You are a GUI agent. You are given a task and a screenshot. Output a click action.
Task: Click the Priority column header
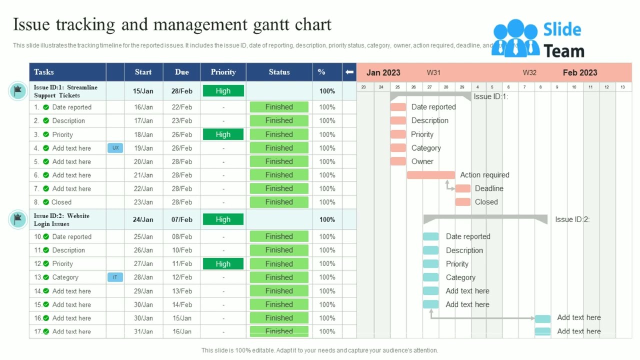point(223,72)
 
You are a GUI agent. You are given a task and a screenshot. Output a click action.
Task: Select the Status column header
point(279,72)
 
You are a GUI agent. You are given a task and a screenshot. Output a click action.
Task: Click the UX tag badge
point(115,148)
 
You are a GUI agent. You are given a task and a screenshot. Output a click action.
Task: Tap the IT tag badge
point(115,277)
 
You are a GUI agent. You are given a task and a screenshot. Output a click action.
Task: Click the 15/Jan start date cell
point(143,91)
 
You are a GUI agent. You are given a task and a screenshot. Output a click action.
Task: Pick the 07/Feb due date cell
point(182,219)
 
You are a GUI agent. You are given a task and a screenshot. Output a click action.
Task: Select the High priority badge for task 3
point(223,134)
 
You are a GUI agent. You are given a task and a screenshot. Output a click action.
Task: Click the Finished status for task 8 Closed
point(279,202)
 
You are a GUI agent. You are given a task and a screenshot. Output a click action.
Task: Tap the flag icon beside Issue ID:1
point(18,91)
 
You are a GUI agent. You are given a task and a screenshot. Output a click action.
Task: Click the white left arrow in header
point(349,72)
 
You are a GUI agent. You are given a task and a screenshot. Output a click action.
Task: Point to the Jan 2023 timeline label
point(383,72)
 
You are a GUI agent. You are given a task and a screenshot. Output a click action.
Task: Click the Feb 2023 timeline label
point(580,72)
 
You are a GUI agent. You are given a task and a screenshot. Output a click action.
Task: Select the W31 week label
point(433,72)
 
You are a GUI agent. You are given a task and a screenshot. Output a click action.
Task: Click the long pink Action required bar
point(430,175)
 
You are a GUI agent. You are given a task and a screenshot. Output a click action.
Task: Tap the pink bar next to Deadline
point(462,188)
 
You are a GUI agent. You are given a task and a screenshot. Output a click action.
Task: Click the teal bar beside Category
point(430,277)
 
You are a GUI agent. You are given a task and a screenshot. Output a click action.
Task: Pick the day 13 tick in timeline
point(622,87)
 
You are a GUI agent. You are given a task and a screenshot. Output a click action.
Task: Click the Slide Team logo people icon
point(515,38)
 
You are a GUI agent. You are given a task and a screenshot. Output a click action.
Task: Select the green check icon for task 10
point(46,236)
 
